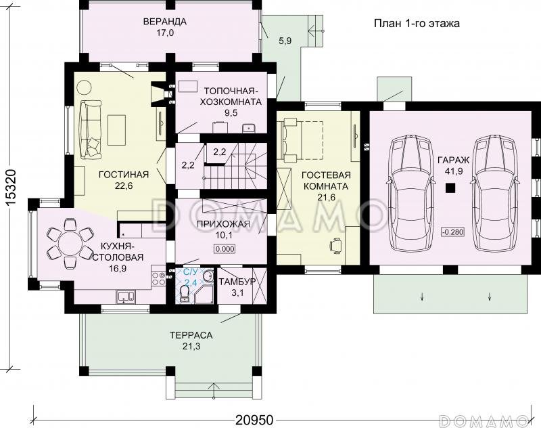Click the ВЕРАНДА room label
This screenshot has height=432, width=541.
165,22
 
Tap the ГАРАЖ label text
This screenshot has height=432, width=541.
453,160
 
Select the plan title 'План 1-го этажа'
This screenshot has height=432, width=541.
417,24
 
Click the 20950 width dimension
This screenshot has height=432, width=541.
254,420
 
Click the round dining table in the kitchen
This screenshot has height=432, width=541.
70,243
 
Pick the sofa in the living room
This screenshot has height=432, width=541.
91,129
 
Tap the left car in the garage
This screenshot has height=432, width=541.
411,193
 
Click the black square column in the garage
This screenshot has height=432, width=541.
450,188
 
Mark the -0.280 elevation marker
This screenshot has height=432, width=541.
452,232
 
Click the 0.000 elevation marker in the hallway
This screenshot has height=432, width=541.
225,249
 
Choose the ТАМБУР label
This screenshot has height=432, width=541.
237,281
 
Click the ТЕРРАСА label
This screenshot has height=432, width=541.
191,335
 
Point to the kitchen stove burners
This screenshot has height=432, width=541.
159,279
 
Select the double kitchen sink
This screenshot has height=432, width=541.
126,296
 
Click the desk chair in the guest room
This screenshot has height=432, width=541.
336,246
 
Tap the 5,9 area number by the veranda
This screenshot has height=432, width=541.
285,41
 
